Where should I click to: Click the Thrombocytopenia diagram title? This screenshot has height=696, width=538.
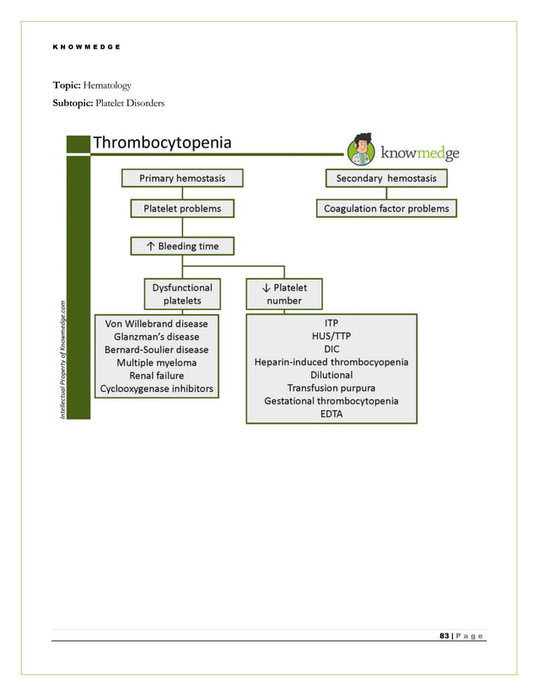(161, 142)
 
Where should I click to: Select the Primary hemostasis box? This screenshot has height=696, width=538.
(182, 178)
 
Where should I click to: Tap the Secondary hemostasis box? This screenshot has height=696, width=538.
(386, 178)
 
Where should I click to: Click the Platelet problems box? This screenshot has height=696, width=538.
(182, 208)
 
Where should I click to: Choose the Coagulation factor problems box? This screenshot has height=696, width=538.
(386, 208)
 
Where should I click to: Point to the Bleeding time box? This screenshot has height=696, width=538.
(182, 246)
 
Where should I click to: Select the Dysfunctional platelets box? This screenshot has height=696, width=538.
(182, 293)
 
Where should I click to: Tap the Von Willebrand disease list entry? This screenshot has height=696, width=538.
(157, 323)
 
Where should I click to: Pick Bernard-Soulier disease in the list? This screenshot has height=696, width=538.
(157, 349)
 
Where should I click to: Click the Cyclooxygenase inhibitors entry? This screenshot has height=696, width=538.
(157, 388)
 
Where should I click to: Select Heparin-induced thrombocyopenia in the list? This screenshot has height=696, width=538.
(331, 361)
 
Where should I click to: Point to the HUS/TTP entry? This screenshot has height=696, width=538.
(331, 335)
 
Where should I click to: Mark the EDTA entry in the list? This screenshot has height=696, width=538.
(331, 414)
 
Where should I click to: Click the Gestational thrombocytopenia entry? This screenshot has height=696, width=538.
(331, 401)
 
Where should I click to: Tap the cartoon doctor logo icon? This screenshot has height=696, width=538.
(362, 149)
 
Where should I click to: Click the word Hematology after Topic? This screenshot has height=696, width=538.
(107, 86)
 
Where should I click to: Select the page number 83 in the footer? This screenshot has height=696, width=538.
(444, 635)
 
